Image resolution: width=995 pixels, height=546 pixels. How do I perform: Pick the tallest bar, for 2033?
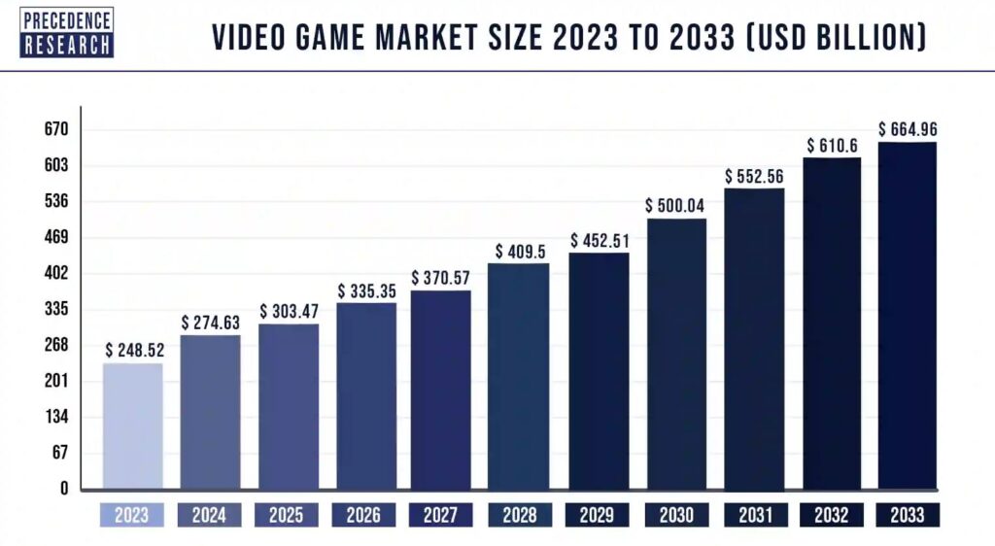coord(908,316)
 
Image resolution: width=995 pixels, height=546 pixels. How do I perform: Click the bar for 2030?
coord(675,354)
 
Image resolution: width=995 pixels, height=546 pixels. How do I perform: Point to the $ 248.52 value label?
coord(134,350)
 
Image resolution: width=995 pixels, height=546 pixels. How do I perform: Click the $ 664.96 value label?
coord(908,129)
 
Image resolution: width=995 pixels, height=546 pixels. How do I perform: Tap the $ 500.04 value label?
coord(675,206)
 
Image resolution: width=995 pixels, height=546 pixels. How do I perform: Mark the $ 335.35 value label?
coord(367,290)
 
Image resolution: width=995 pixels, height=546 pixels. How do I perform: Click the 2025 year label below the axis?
coord(289,514)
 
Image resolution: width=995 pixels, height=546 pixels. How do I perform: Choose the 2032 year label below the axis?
coord(831,514)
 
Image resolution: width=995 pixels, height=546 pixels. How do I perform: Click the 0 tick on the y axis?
coord(64,489)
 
